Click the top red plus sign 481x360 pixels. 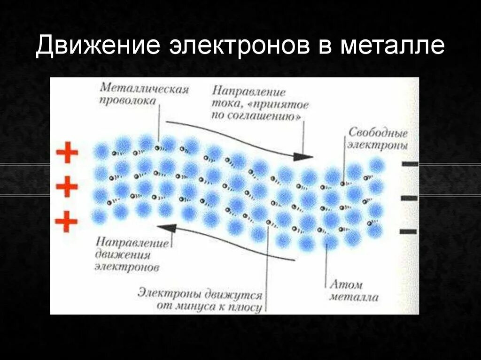pyautogui.click(x=67, y=153)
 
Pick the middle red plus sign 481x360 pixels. pyautogui.click(x=67, y=187)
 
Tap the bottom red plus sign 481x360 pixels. pyautogui.click(x=67, y=221)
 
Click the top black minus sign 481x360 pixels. pyautogui.click(x=410, y=164)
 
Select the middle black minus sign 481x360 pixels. pyautogui.click(x=410, y=198)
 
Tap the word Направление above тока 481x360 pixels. pyautogui.click(x=248, y=91)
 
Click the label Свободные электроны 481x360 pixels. pyautogui.click(x=377, y=138)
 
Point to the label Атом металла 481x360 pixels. pyautogui.click(x=354, y=291)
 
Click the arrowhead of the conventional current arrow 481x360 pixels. pyautogui.click(x=306, y=156)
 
